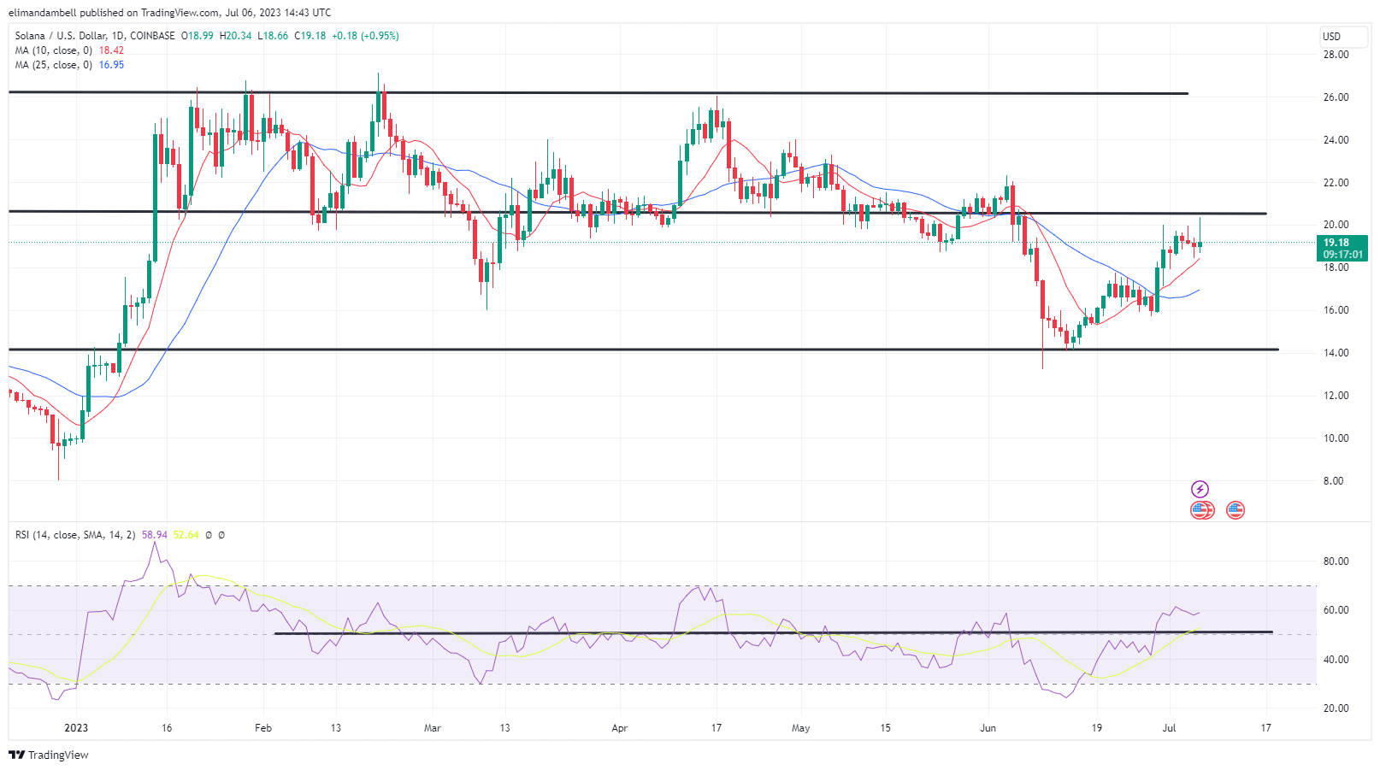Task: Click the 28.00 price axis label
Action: click(1336, 55)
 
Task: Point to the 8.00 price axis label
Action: click(1333, 481)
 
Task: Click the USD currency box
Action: click(1331, 37)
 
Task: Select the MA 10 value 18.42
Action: click(111, 50)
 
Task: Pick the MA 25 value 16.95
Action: click(111, 65)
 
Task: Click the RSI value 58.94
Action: click(155, 535)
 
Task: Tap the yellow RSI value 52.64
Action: click(186, 535)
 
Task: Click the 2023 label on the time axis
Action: click(76, 728)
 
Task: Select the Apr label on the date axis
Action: click(620, 728)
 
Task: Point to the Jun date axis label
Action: click(988, 728)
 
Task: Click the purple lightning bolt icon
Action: click(1200, 489)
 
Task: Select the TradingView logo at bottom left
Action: click(49, 755)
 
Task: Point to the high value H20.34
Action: click(235, 36)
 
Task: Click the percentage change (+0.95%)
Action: click(380, 36)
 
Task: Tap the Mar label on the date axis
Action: click(433, 728)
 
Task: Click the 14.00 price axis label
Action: click(1336, 353)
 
